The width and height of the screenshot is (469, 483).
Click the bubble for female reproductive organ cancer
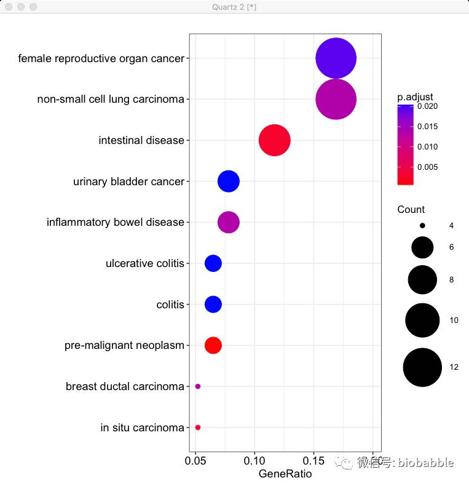pos(336,58)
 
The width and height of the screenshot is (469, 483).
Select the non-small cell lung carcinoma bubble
pos(336,99)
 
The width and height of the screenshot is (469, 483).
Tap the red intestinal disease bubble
pos(274,140)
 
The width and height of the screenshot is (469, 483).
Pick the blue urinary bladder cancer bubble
pos(229,182)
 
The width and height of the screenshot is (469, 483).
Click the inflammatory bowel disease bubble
pos(229,222)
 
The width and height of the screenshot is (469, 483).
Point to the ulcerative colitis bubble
pos(213,263)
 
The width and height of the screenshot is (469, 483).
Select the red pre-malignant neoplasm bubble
pos(213,345)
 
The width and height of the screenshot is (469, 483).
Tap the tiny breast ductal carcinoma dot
pos(198,386)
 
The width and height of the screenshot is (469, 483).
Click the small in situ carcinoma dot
pos(198,427)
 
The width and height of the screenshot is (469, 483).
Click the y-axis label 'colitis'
pos(170,305)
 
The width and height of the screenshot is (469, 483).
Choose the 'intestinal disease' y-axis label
pos(141,140)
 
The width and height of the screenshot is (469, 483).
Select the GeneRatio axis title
pos(285,474)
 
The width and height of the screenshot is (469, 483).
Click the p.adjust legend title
pos(415,97)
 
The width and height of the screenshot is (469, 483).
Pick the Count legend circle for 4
pos(422,226)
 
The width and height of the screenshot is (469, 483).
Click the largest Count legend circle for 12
pos(422,367)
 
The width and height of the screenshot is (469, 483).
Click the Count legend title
pos(411,209)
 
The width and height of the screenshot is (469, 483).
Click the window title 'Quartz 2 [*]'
pos(234,6)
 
